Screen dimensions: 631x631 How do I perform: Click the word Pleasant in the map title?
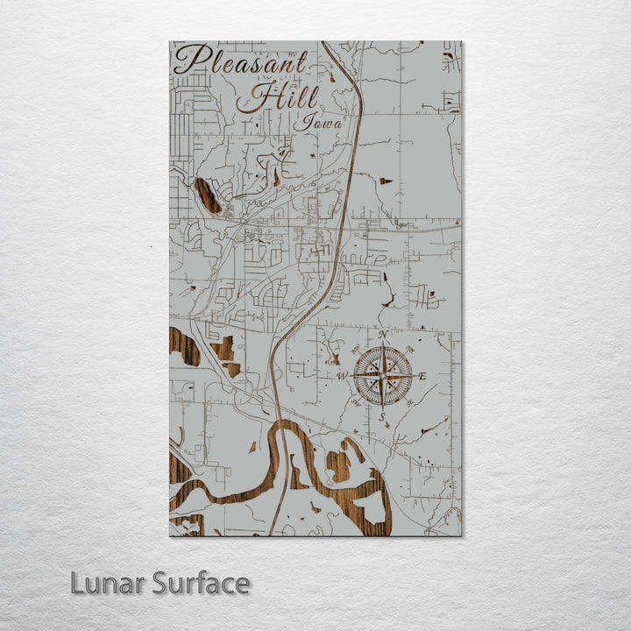(x=241, y=61)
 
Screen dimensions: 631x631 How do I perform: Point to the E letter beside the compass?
(x=422, y=376)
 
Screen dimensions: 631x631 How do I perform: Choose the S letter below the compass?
(x=382, y=416)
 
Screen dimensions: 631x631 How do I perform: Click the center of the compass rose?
(x=382, y=376)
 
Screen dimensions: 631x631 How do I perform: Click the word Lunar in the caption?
(x=108, y=583)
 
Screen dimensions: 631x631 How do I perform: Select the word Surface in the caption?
(x=201, y=583)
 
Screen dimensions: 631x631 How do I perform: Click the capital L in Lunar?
(x=78, y=583)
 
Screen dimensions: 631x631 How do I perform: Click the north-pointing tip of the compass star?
(x=382, y=345)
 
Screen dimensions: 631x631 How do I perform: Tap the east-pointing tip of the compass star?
(x=413, y=376)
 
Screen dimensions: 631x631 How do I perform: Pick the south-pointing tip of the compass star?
(x=382, y=407)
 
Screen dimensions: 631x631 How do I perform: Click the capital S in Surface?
(x=160, y=583)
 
